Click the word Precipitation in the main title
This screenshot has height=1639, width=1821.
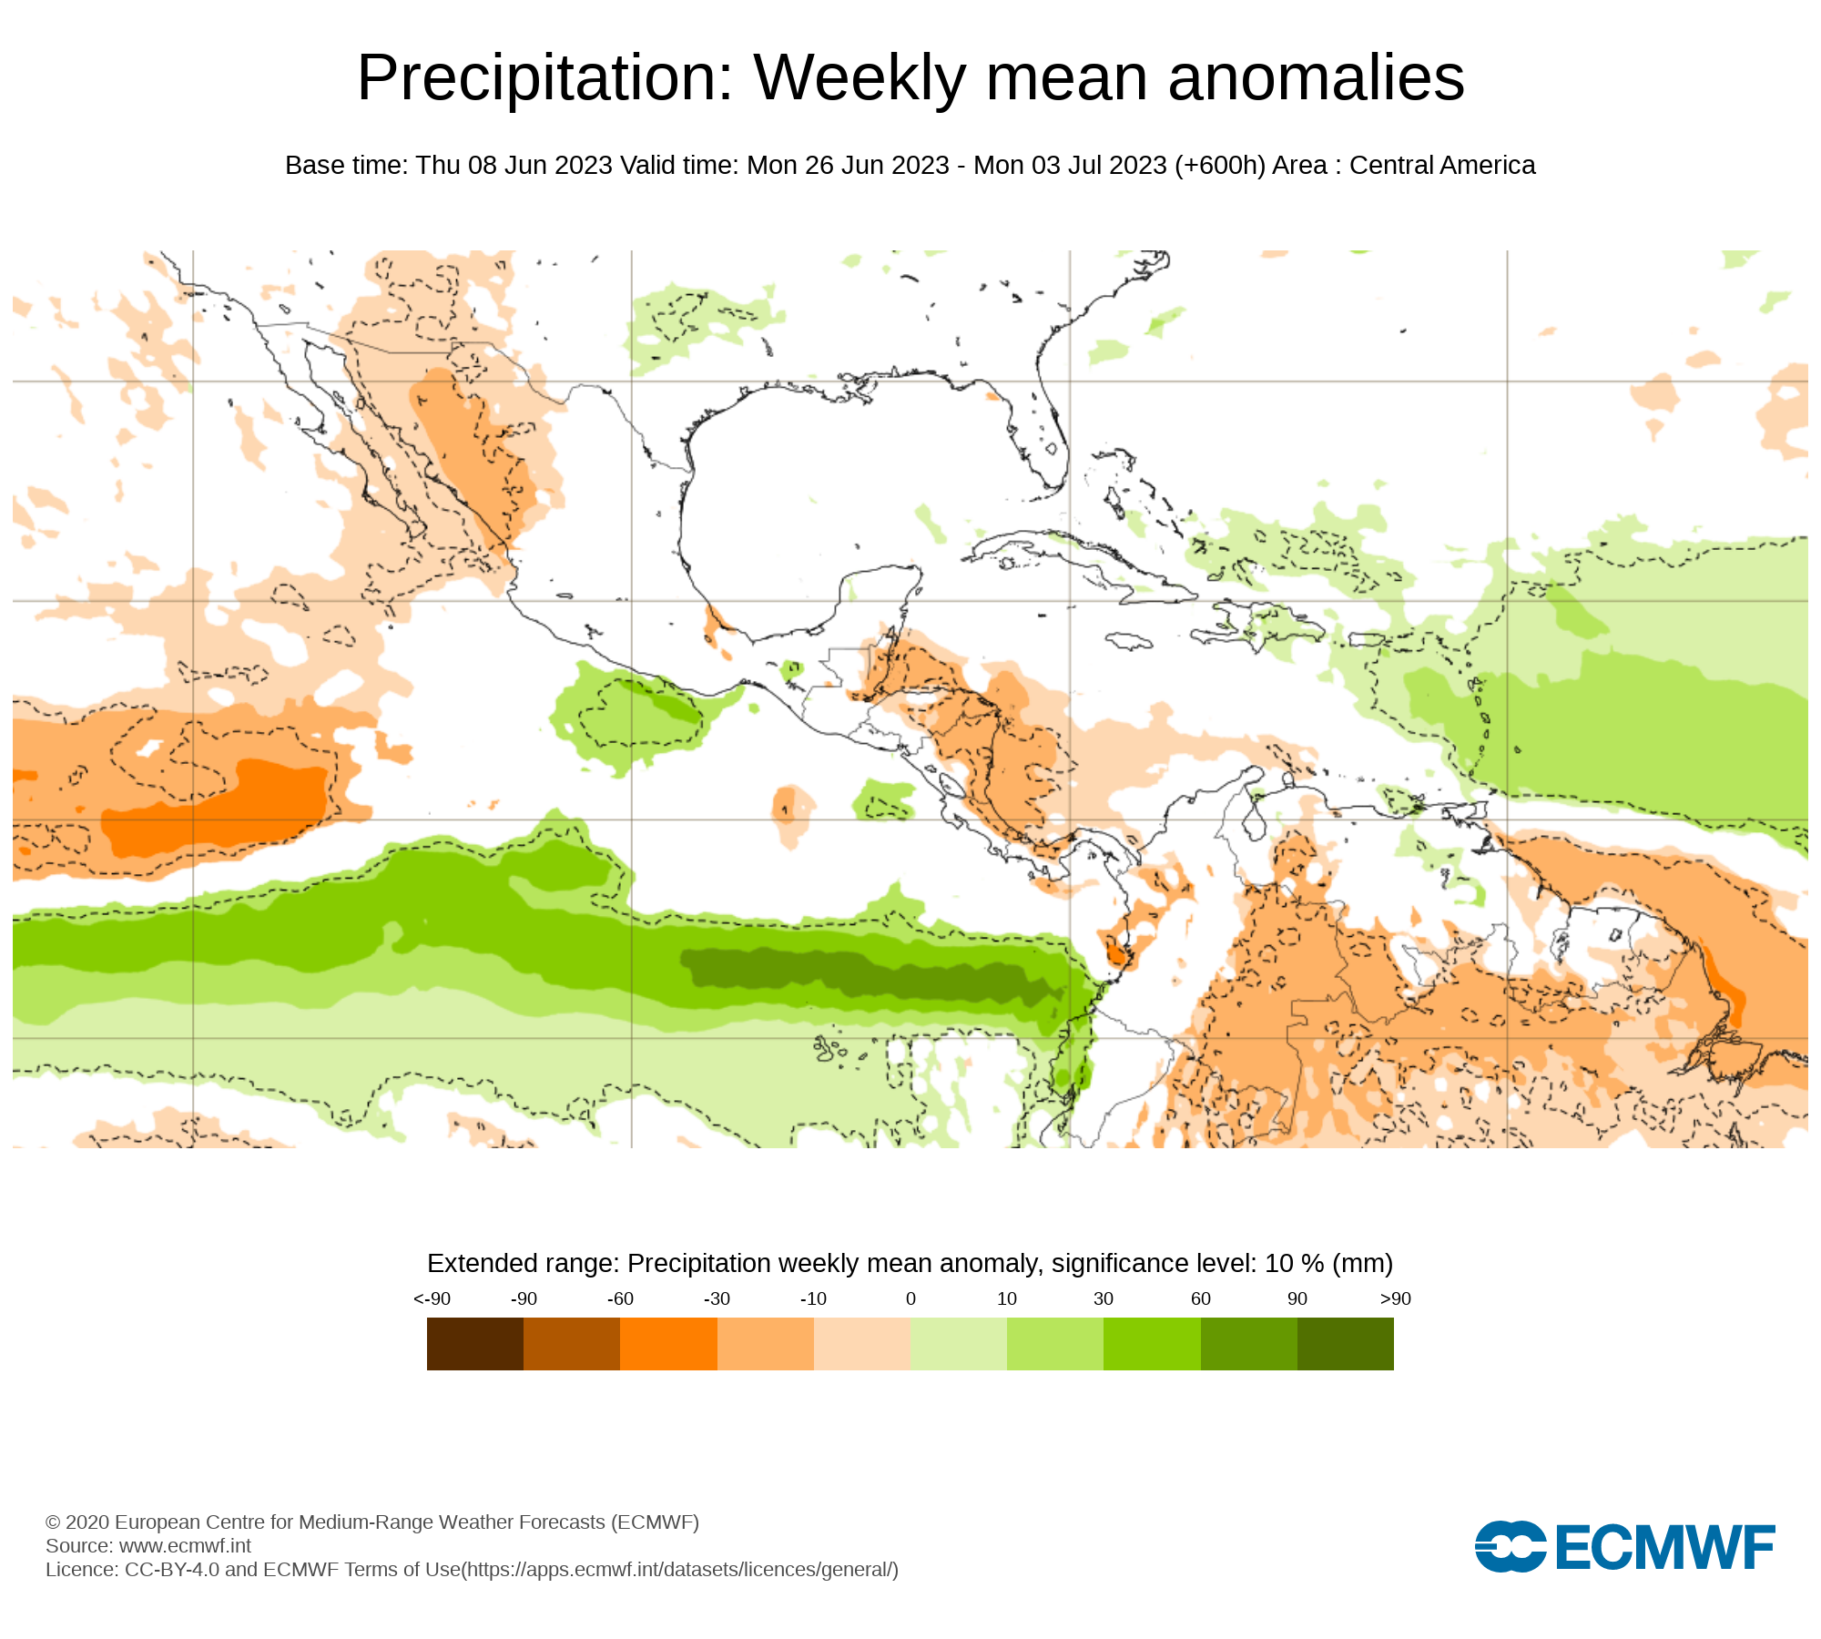[x=544, y=78]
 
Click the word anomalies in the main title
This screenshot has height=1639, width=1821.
[x=1316, y=78]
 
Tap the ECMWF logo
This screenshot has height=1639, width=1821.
[x=1624, y=1546]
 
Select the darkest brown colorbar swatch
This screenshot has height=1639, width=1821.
[x=474, y=1343]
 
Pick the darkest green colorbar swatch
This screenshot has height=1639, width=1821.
[x=1345, y=1343]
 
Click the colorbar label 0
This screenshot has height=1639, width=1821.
[x=910, y=1298]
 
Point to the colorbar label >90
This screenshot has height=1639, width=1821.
[x=1395, y=1298]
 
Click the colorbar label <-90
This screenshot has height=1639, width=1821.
[x=432, y=1298]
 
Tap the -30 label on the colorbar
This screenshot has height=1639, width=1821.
[x=717, y=1298]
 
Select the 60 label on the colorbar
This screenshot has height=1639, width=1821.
[x=1201, y=1298]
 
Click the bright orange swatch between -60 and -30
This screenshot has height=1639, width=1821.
[x=668, y=1343]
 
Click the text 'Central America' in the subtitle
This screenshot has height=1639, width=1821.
[x=1442, y=166]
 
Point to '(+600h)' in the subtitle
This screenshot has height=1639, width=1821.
[x=1219, y=166]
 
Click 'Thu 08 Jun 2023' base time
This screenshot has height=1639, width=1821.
[x=514, y=166]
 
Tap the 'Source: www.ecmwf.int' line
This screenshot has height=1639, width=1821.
[x=148, y=1545]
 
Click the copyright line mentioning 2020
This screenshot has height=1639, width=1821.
[x=371, y=1522]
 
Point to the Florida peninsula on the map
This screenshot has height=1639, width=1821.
[x=1047, y=437]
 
